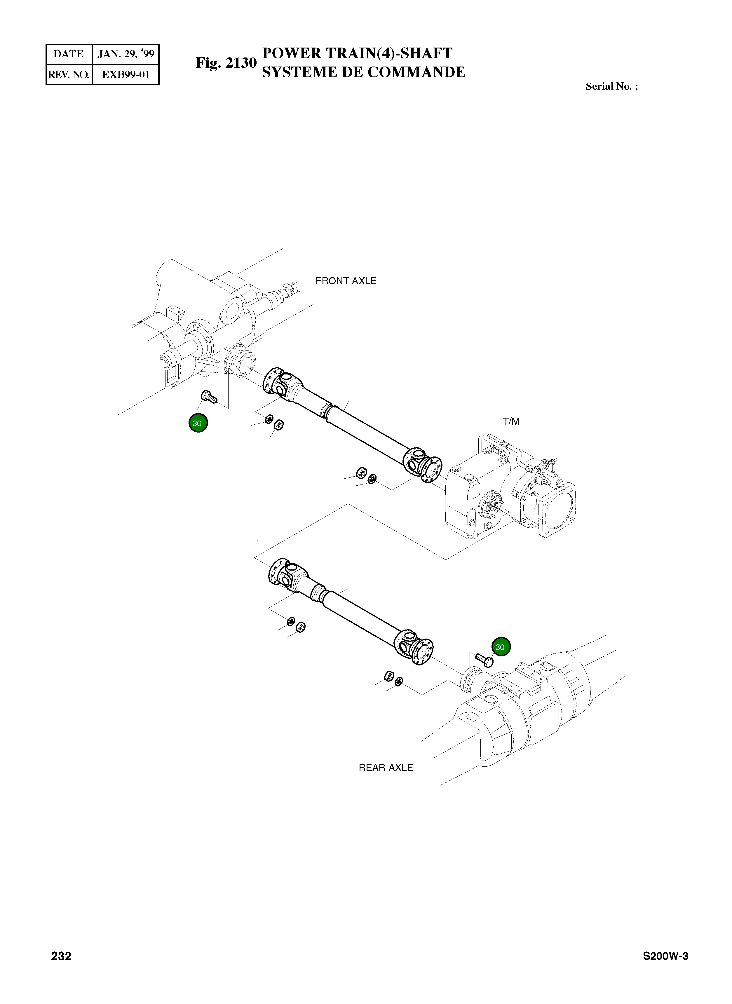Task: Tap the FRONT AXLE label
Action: [x=346, y=281]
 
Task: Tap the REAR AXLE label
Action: [x=386, y=767]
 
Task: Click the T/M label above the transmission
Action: [x=511, y=421]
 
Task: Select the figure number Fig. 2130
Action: [x=226, y=63]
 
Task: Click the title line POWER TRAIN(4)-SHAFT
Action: [x=357, y=53]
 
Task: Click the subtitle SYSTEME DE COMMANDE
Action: [x=363, y=72]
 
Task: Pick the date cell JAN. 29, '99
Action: [x=126, y=54]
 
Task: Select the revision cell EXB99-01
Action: [x=126, y=74]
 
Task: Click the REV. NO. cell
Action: [x=69, y=74]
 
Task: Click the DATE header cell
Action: [x=69, y=54]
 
